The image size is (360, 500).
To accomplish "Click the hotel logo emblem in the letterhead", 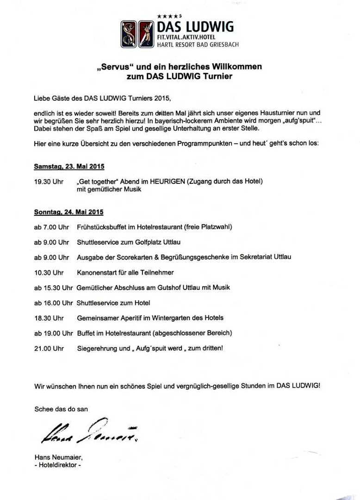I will pos(137,34).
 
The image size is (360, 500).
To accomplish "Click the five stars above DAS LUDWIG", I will pos(166,16).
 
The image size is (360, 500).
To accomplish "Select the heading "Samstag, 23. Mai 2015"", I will pos(68,166).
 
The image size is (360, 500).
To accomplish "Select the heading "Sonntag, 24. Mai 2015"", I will pos(68,212).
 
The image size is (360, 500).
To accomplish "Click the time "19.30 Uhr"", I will pos(49,181).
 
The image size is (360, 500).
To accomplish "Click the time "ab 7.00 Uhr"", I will pos(51,227).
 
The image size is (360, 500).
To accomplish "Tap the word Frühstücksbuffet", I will pos(102,227).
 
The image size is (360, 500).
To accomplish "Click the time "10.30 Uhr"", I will pos(49,272).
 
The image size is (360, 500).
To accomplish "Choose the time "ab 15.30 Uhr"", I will pos(53,287).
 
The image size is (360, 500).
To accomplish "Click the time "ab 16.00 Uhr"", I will pos(53,303).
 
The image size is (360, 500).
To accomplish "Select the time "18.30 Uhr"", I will pos(49,318).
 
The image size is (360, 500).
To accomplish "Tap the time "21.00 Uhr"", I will pos(49,348).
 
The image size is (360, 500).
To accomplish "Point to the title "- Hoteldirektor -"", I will pos(57,465).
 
